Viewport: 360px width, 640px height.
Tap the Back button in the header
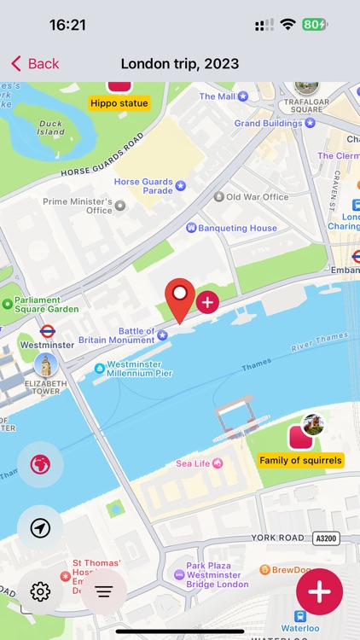click(x=35, y=64)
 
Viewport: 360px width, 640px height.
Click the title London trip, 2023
click(x=180, y=64)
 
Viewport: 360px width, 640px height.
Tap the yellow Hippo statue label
click(x=119, y=103)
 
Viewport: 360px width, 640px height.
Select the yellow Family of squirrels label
click(x=301, y=460)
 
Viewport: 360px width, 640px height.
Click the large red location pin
click(x=179, y=298)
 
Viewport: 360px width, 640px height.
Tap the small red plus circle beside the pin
click(x=207, y=301)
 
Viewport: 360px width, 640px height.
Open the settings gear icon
click(x=40, y=591)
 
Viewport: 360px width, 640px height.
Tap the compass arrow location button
click(x=40, y=528)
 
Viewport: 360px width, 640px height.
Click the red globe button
click(x=40, y=465)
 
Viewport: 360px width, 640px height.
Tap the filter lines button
click(x=104, y=591)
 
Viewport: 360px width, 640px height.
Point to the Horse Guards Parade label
click(x=143, y=186)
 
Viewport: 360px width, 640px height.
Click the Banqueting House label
click(x=237, y=228)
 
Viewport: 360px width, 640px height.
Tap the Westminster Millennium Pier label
click(x=138, y=369)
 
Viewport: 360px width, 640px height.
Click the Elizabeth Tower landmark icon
click(x=45, y=365)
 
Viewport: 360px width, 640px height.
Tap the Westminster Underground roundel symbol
click(x=48, y=331)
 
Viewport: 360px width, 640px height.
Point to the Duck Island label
click(x=51, y=127)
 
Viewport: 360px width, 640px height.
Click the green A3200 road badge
click(x=325, y=538)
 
